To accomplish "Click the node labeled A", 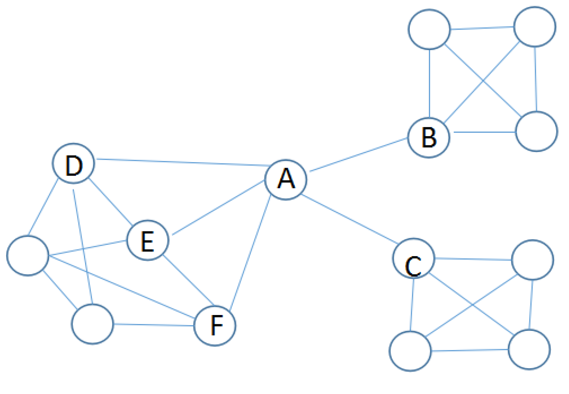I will point(286,180).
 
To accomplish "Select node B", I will point(429,137).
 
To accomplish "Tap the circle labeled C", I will point(413,259).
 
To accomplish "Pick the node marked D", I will point(73,164).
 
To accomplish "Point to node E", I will point(148,240).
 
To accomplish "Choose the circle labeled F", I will point(215,325).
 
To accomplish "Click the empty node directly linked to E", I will point(28,255).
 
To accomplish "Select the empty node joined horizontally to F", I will point(93,324).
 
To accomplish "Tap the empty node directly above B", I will point(429,29).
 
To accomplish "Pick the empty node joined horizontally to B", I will point(536,132).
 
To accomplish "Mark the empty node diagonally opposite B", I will point(534,26).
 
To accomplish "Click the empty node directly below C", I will point(410,351).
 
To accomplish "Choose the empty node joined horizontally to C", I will point(532,260).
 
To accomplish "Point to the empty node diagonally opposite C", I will point(529,349).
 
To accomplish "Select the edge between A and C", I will point(350,219).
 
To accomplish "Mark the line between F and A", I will point(250,253).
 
